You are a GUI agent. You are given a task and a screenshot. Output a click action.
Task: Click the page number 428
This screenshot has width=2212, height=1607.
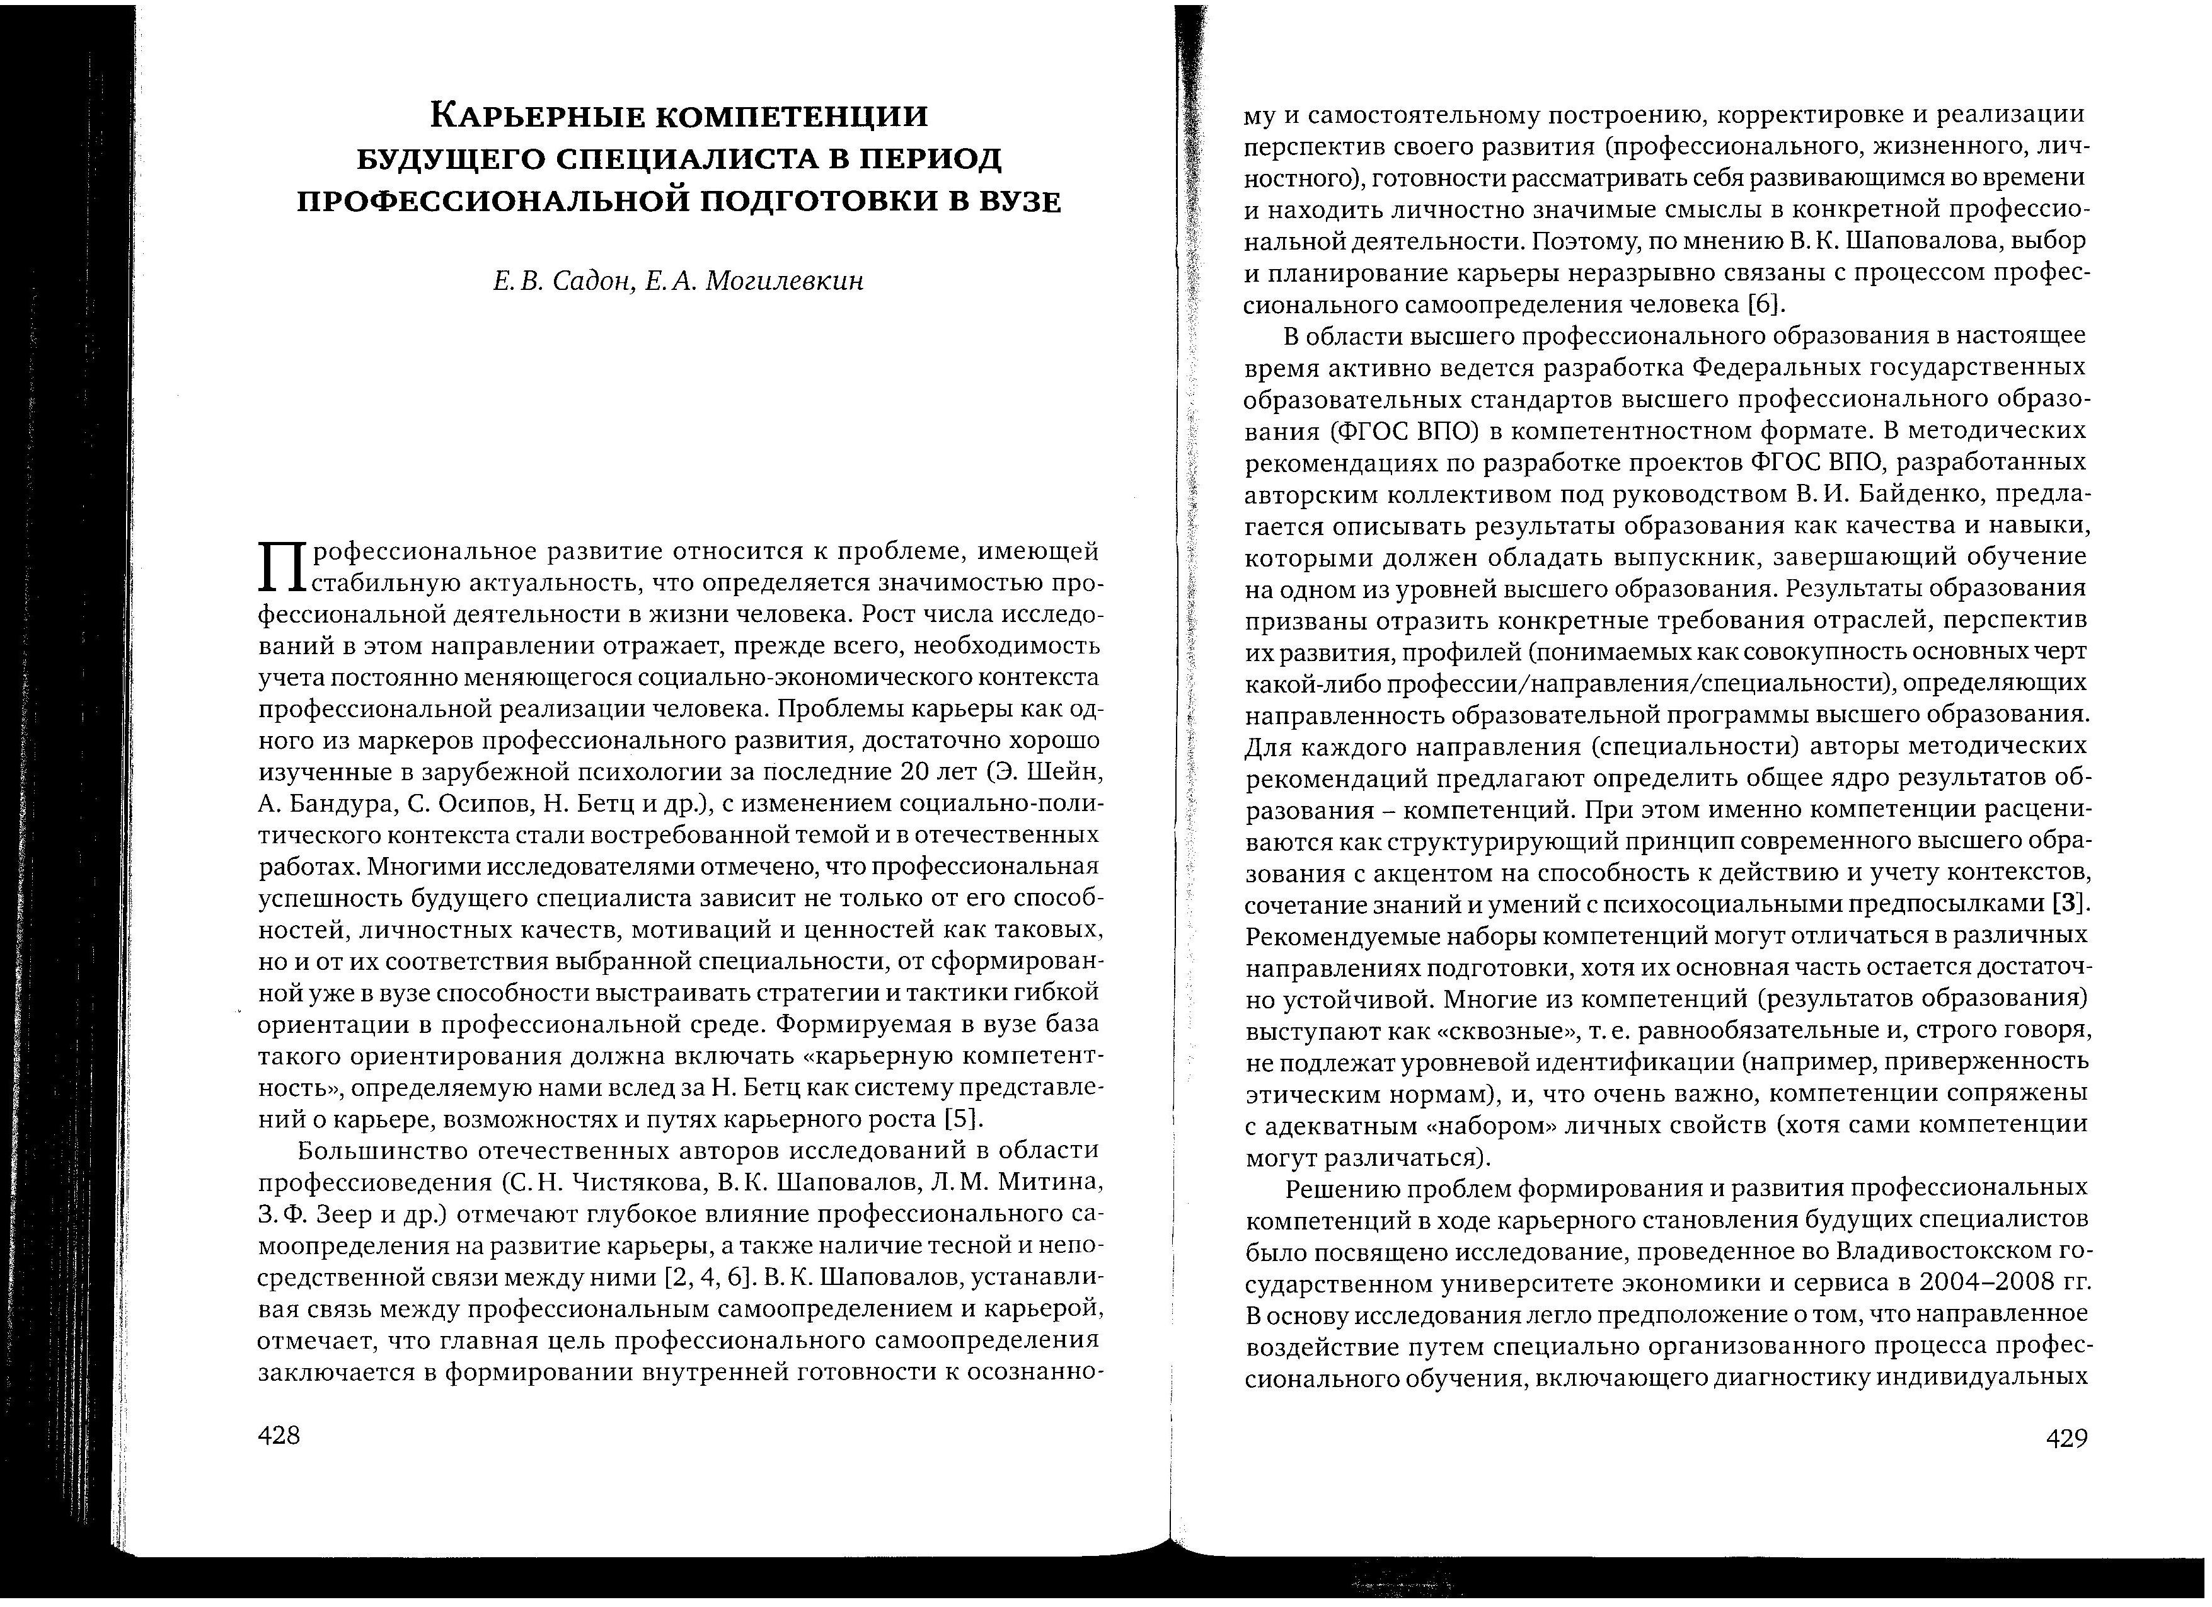279,1436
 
